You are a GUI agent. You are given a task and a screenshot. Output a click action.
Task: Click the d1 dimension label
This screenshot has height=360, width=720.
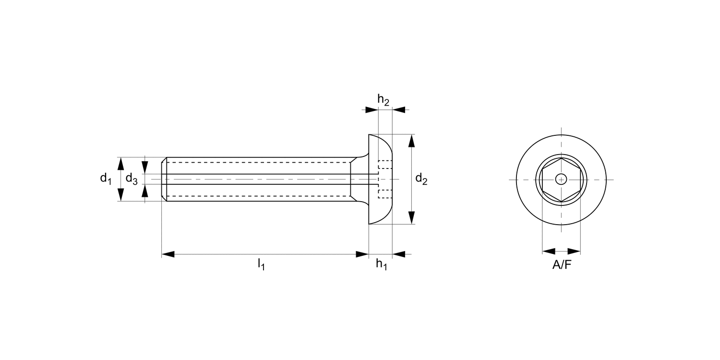click(106, 179)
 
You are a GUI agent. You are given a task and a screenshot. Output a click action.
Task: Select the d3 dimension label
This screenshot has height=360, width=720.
click(132, 179)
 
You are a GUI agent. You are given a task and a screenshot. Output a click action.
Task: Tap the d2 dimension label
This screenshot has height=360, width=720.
click(421, 179)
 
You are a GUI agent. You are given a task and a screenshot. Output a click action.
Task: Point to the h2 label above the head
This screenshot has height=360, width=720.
click(383, 100)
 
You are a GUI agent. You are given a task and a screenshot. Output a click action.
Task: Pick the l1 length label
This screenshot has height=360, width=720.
click(261, 264)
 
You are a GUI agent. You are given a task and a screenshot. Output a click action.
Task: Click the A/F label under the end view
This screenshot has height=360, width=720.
click(562, 264)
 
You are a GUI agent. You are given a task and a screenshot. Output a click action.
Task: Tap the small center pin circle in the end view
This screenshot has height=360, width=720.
click(561, 180)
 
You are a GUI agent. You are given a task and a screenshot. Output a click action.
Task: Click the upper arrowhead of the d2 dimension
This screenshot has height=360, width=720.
click(411, 142)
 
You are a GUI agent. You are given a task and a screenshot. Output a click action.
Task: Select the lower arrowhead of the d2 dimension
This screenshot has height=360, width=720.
click(411, 217)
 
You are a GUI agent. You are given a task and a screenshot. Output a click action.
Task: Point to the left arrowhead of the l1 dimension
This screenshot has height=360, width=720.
click(168, 254)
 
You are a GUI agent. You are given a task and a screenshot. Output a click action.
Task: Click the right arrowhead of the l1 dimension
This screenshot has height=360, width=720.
click(362, 254)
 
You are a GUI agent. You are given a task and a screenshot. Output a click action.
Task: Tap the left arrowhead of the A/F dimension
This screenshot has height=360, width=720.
click(549, 251)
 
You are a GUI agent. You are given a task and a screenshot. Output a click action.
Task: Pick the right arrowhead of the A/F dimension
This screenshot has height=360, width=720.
click(574, 251)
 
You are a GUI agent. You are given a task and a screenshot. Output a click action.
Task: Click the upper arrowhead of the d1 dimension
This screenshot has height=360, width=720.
click(121, 163)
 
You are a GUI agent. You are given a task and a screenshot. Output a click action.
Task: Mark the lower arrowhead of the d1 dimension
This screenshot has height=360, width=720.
click(121, 194)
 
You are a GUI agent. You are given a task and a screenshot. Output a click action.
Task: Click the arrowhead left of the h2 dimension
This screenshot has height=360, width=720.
click(372, 110)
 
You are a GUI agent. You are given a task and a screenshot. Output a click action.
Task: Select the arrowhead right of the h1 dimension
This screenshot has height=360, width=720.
click(399, 254)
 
